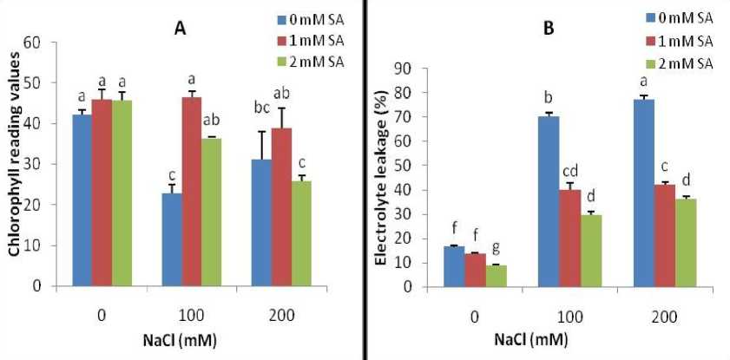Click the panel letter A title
click(x=180, y=28)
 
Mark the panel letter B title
click(x=549, y=28)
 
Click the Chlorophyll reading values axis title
click(x=16, y=165)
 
